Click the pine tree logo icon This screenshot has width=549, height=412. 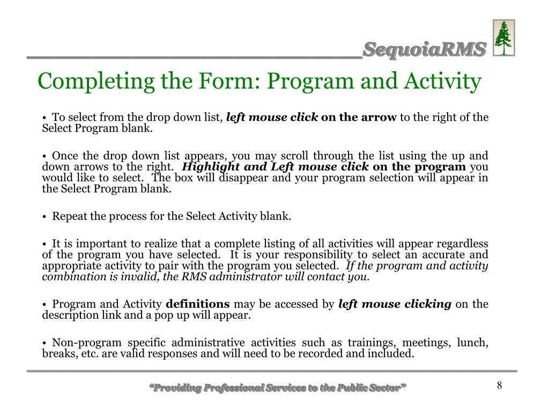coord(503,38)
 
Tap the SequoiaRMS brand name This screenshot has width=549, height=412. coord(424,49)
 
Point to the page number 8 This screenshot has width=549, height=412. coord(499,385)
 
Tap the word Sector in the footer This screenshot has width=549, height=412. coord(383,388)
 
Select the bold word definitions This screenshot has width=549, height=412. coord(198,304)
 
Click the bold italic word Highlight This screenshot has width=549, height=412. coord(210,167)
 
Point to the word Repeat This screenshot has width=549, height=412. coord(68,216)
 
